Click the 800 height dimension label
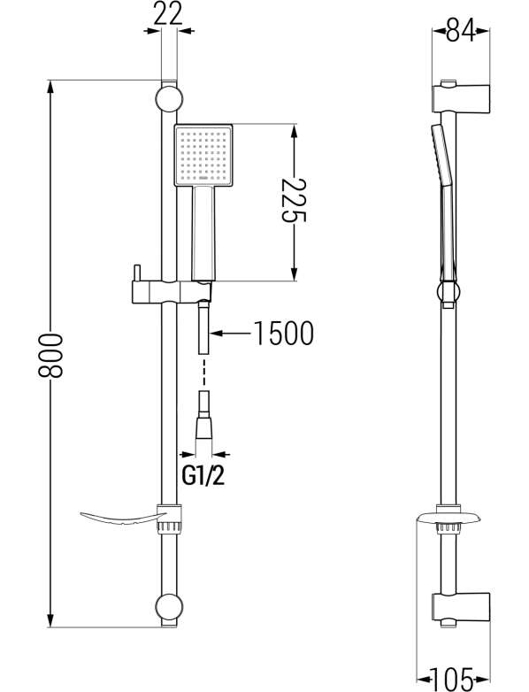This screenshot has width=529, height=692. [50, 355]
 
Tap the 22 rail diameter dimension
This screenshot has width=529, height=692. [168, 14]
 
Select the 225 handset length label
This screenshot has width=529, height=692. [294, 200]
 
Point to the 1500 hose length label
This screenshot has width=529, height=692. [284, 334]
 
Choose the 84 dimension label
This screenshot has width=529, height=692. [461, 31]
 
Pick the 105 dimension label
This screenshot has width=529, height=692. [452, 680]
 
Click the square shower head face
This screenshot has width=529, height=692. [203, 156]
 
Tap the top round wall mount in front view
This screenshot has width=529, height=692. [169, 99]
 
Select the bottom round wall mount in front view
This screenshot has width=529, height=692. [169, 606]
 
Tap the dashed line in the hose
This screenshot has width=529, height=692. [203, 373]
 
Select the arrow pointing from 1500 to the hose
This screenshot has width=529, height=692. [232, 334]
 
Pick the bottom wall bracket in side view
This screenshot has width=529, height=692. [462, 609]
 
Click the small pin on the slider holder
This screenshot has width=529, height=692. [137, 273]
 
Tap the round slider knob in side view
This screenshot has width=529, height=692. [448, 292]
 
